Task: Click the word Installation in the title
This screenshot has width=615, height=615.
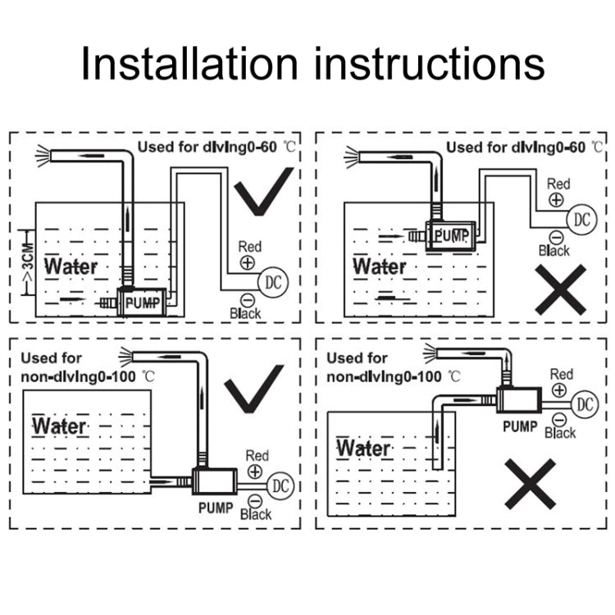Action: click(x=189, y=64)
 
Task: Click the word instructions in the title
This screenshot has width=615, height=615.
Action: click(x=426, y=64)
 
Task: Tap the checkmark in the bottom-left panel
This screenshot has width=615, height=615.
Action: click(x=253, y=388)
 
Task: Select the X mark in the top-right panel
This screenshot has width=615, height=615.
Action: click(x=561, y=289)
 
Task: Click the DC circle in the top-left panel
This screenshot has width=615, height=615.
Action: click(x=272, y=282)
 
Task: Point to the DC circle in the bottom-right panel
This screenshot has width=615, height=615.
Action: click(x=584, y=403)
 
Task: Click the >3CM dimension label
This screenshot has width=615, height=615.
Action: click(x=27, y=265)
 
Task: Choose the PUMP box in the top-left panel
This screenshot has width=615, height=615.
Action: click(x=144, y=303)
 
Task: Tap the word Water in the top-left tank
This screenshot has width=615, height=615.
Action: click(x=71, y=266)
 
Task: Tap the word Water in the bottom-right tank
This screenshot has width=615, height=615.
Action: click(x=363, y=449)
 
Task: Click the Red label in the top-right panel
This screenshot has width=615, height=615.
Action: click(x=558, y=184)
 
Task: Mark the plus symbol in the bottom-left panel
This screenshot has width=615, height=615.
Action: click(x=255, y=471)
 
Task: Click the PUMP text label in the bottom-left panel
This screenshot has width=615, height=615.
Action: click(x=216, y=508)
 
